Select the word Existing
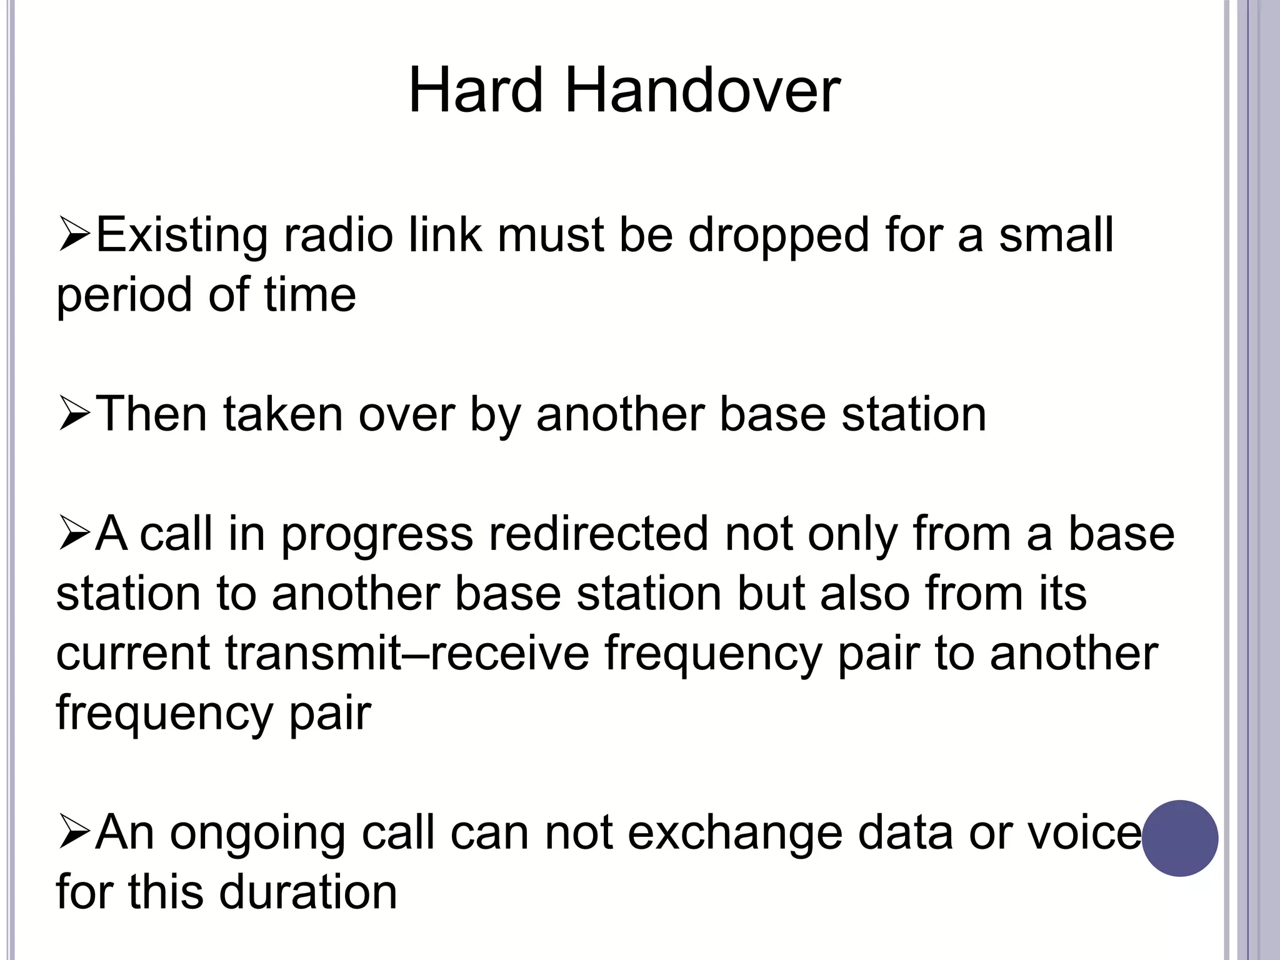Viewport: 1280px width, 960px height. [x=182, y=237]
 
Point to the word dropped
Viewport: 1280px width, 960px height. [x=779, y=237]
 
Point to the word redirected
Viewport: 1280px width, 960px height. [x=599, y=534]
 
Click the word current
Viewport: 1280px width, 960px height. [x=133, y=653]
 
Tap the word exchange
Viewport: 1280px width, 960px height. [x=735, y=832]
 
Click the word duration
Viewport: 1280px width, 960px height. [x=308, y=892]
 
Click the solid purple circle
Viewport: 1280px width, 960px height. [x=1180, y=838]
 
